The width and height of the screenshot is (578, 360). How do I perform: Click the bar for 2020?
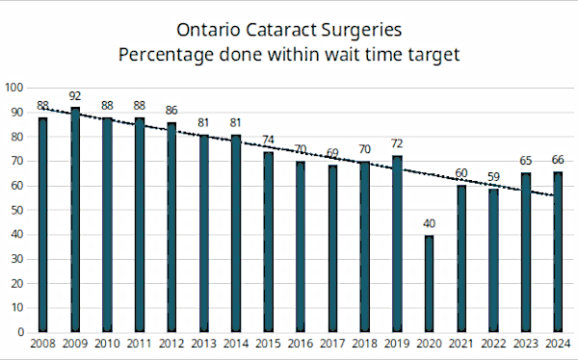429,284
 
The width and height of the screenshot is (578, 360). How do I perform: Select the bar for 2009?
75,219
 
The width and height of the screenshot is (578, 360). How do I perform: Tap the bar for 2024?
558,252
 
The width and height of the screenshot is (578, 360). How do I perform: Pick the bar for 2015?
269,243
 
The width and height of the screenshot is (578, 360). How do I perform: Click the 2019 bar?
397,244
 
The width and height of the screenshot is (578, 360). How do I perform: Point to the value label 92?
75,96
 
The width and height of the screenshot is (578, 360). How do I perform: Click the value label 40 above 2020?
429,223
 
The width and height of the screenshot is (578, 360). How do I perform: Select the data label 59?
493,177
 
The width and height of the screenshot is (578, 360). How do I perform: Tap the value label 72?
397,143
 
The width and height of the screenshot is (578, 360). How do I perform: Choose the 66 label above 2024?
558,160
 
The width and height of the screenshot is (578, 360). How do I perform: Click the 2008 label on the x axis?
42,344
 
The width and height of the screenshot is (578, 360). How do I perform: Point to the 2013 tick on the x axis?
204,344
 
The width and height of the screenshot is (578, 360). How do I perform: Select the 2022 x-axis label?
493,344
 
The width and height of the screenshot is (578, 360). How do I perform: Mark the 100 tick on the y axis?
14,88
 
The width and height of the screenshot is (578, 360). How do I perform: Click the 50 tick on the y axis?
17,210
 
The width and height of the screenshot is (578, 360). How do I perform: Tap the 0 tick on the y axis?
20,332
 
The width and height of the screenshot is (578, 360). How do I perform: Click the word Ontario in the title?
208,30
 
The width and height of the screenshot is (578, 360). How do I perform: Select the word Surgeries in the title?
361,31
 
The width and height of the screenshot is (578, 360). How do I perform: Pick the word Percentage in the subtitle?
166,56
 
